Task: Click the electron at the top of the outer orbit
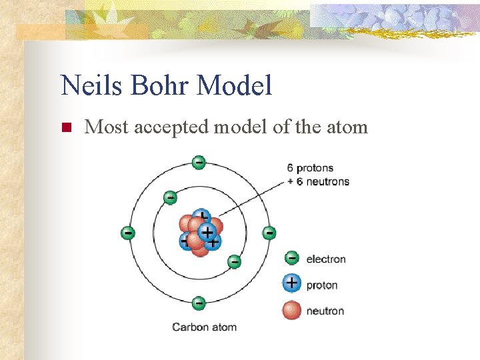(x=199, y=162)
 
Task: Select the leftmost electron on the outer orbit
(x=127, y=233)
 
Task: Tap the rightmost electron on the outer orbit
(x=269, y=233)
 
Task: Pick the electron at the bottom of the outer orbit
(x=199, y=303)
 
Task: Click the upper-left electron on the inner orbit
(x=170, y=197)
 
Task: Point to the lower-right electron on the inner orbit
(x=234, y=261)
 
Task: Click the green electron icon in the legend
(x=291, y=258)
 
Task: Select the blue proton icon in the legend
(x=291, y=283)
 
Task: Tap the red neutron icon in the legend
(x=291, y=310)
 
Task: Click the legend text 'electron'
(x=325, y=259)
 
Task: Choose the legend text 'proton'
(x=322, y=285)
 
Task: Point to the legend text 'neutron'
(x=325, y=311)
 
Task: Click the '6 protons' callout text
(x=310, y=168)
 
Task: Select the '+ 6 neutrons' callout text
(x=318, y=181)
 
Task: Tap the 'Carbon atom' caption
(x=204, y=327)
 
